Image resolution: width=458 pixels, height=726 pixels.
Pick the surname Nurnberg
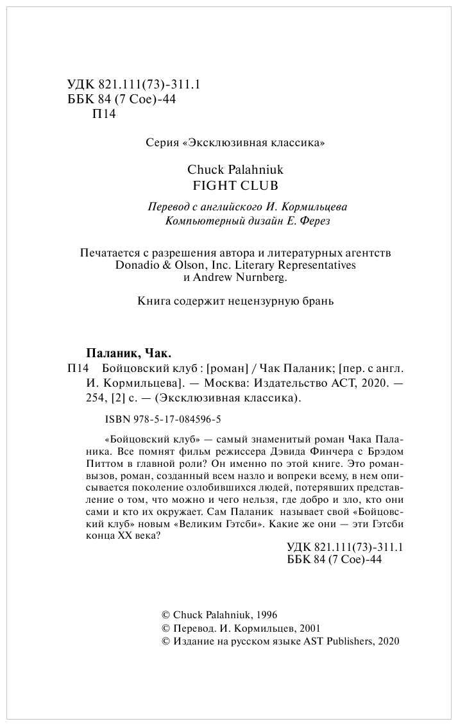coord(259,278)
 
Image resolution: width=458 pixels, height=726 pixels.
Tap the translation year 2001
coord(307,629)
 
